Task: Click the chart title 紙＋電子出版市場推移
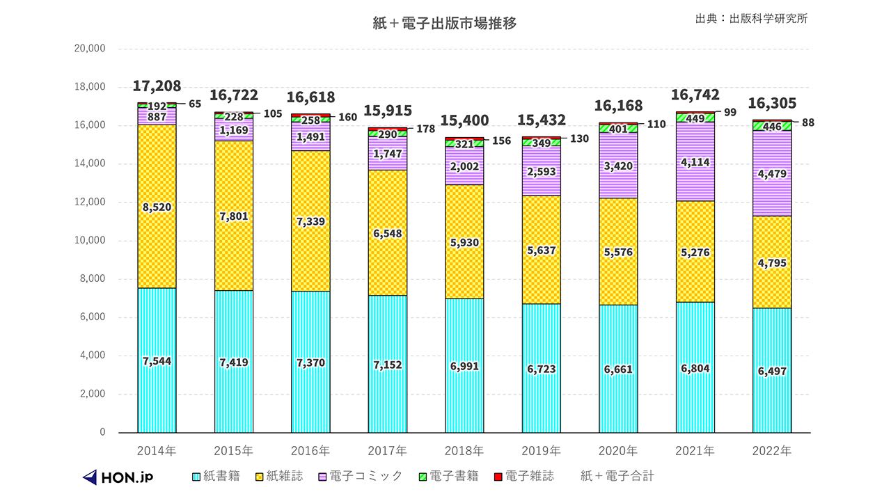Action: tap(445, 23)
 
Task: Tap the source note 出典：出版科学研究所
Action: tap(751, 18)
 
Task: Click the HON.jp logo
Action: tap(118, 477)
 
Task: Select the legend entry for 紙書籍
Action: tap(216, 476)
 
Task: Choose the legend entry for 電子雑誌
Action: tap(523, 476)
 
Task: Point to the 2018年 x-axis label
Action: tap(464, 450)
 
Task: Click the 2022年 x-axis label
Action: tap(772, 450)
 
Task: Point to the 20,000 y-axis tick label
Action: tap(89, 49)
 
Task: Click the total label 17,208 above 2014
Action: tap(157, 86)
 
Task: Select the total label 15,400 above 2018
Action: tap(464, 120)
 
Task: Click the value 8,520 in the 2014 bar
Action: tap(157, 207)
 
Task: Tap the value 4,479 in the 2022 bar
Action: tap(772, 174)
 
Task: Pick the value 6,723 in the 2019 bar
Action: tap(542, 369)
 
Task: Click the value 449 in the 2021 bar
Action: tap(695, 118)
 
